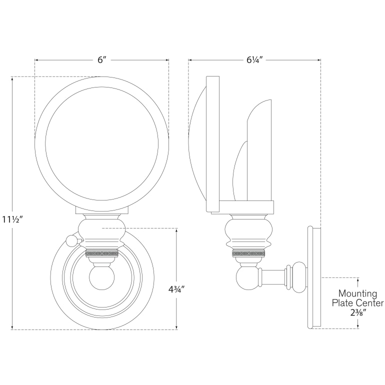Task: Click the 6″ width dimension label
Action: point(102,60)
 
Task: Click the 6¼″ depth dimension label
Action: point(254,60)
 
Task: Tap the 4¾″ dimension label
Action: point(177,288)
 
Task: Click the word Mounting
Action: point(358,293)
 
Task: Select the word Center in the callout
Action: point(368,303)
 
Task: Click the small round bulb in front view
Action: point(102,278)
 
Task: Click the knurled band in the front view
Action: point(102,253)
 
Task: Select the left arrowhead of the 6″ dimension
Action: point(36,60)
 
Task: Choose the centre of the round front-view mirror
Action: point(102,141)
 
